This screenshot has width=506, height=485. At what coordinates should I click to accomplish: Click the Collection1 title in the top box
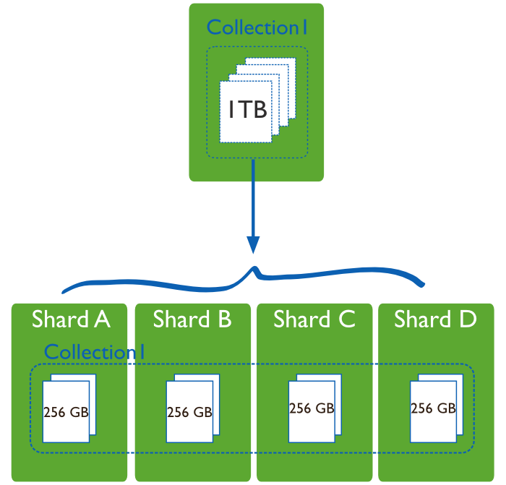point(257,27)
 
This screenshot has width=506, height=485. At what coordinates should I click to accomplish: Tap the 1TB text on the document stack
point(248,110)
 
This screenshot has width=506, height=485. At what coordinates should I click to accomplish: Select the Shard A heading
point(70,319)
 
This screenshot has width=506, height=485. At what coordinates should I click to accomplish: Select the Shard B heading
point(192,319)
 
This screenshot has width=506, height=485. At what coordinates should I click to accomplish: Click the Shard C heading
point(314,319)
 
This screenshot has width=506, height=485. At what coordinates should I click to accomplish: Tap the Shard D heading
point(435,319)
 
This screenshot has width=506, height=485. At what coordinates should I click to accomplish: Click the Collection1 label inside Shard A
point(95,352)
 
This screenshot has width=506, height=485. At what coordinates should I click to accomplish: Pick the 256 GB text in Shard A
point(66,413)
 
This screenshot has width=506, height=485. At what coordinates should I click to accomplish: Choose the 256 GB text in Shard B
point(189,413)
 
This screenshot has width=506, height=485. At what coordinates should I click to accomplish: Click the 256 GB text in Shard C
point(312,408)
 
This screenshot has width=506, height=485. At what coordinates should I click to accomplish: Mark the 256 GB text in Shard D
point(433,408)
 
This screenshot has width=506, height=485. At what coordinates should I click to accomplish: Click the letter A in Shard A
point(102,319)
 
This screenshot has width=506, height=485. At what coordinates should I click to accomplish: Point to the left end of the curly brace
point(64,292)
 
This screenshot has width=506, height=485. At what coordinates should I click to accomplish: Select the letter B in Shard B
point(224,319)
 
